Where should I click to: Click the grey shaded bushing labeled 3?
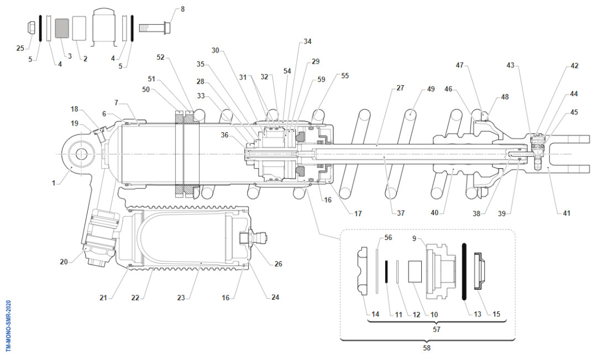click(62, 28)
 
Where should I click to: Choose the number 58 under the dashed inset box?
click(426, 348)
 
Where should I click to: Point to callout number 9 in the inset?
click(414, 238)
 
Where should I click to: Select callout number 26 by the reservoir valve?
click(278, 264)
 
